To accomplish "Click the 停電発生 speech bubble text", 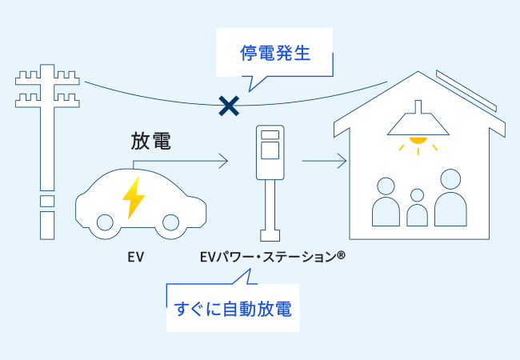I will (274, 54).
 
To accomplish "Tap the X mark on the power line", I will (230, 104).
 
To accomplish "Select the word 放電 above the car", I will (152, 142).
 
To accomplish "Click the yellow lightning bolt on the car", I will (132, 197).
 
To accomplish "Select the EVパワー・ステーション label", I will (273, 258).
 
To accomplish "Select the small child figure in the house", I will (416, 210).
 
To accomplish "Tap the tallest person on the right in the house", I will (451, 200).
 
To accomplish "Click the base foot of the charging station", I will (270, 236).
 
